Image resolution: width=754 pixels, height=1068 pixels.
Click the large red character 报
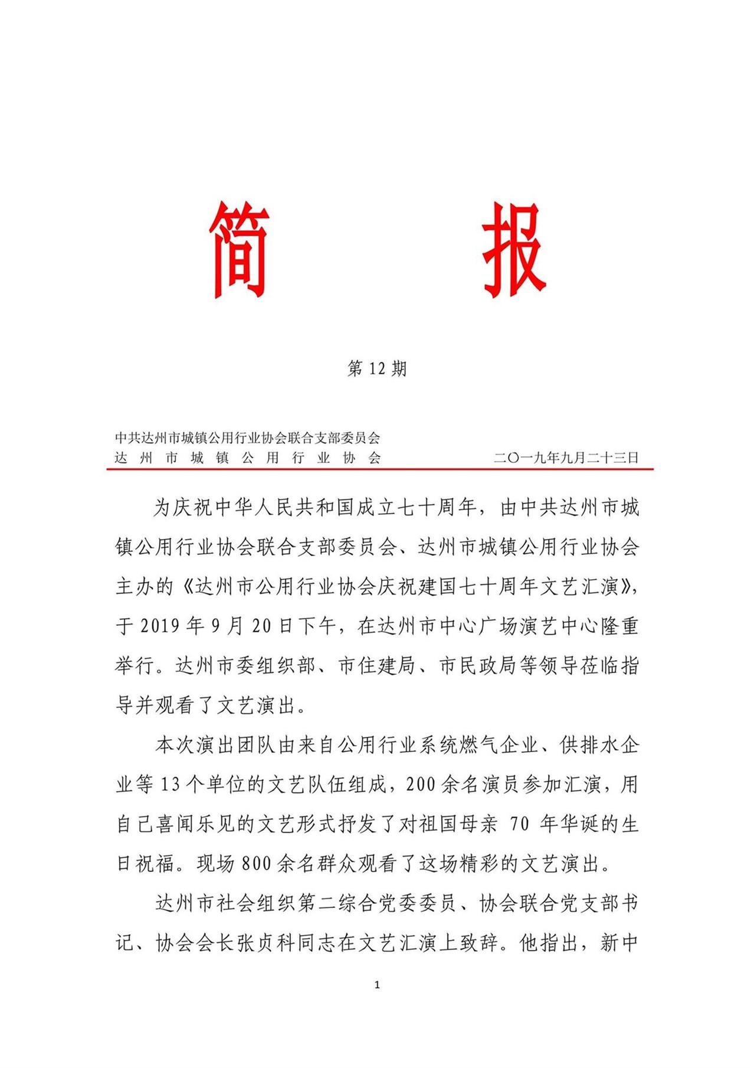[x=513, y=250]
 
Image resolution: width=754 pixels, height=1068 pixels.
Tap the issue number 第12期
[x=377, y=369]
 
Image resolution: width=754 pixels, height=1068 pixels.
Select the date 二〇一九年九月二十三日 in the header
[x=566, y=458]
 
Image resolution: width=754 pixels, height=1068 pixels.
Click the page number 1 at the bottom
[x=377, y=985]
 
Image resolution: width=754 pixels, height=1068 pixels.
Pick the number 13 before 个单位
[x=170, y=785]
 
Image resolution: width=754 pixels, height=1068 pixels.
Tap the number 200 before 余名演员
[x=421, y=785]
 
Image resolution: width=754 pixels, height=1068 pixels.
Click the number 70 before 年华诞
[x=519, y=824]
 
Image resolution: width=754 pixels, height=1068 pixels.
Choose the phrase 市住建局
[x=378, y=666]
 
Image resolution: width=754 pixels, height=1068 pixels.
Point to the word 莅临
[x=600, y=666]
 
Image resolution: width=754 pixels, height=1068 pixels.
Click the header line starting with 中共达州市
[x=248, y=438]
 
